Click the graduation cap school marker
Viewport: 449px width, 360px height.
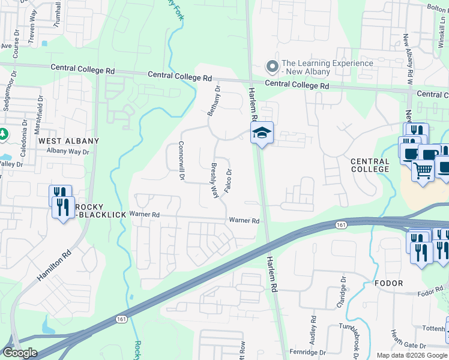tap(262, 133)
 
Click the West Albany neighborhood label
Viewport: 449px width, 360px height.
tap(68, 141)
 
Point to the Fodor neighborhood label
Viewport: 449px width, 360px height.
tap(388, 283)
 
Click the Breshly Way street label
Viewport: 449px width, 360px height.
tap(213, 179)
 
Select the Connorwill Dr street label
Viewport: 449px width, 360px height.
tap(181, 161)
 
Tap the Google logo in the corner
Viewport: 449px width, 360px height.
tap(20, 353)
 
